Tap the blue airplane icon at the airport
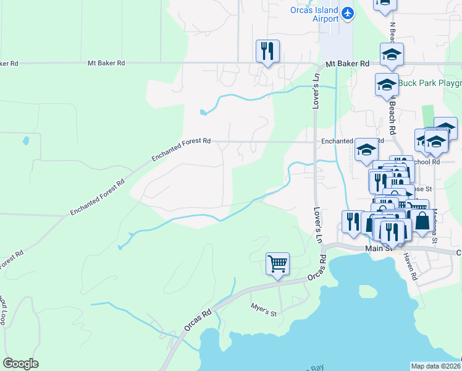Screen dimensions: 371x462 [x=348, y=12]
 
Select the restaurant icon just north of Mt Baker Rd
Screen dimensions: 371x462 [x=268, y=51]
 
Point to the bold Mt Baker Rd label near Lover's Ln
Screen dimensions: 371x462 [x=347, y=64]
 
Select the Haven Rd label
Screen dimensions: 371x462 [x=410, y=268]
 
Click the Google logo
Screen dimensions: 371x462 [x=20, y=364]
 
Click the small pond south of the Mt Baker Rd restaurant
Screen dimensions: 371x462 [x=203, y=113]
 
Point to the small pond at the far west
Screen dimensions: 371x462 [x=25, y=140]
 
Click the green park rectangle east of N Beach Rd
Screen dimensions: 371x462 [x=428, y=117]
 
